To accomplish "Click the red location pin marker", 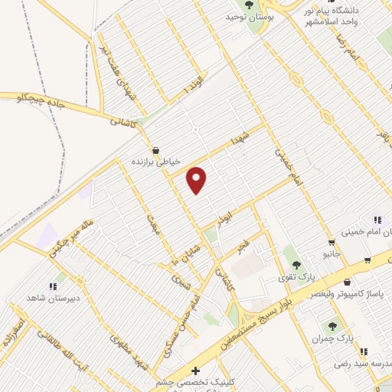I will click(x=198, y=179).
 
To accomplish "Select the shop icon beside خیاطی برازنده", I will click(x=156, y=150).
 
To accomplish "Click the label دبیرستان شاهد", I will click(x=48, y=297).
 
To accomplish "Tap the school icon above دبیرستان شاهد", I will click(x=52, y=286).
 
